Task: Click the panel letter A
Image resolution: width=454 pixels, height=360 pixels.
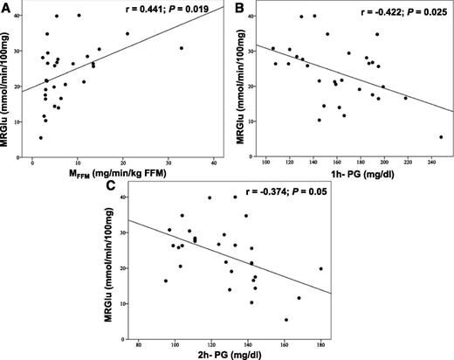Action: click(x=7, y=8)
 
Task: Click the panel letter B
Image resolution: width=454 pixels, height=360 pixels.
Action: click(x=236, y=8)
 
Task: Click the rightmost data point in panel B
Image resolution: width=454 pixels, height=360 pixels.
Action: click(x=441, y=137)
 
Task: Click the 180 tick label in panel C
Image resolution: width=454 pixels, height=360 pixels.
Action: click(x=321, y=336)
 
